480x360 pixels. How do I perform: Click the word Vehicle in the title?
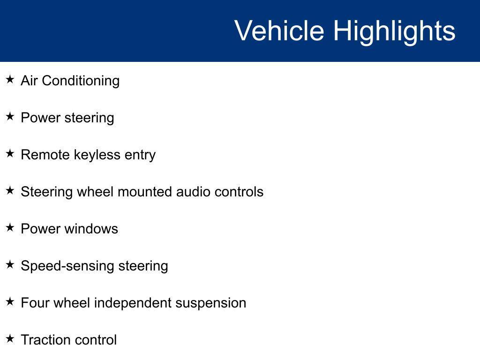(279, 30)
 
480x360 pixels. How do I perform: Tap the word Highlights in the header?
(394, 32)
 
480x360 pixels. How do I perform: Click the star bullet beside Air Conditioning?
(10, 79)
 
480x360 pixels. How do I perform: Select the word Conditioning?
(81, 81)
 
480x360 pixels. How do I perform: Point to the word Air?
(29, 81)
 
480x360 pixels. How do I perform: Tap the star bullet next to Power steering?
(10, 116)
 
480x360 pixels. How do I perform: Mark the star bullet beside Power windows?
(10, 227)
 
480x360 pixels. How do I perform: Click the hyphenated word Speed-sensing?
(67, 266)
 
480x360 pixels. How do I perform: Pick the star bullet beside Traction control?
(10, 338)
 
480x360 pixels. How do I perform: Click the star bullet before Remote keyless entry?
(10, 153)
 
